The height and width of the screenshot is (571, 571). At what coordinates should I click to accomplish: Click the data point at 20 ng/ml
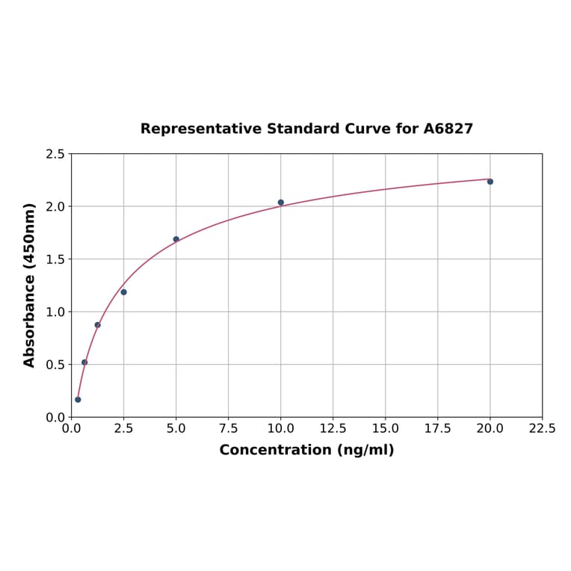tap(490, 182)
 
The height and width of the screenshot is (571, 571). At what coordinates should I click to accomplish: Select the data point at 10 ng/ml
tap(281, 203)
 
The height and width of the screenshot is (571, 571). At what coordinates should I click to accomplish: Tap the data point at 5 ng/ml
tap(176, 239)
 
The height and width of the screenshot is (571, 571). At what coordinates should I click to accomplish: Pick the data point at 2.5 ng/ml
tap(124, 292)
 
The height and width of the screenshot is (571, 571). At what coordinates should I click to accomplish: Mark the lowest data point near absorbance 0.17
tap(78, 400)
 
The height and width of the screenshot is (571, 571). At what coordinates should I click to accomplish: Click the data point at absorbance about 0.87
tap(98, 325)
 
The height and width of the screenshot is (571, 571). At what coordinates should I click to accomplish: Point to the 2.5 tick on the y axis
tap(55, 154)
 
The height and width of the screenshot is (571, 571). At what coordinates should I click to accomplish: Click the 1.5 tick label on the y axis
tap(55, 259)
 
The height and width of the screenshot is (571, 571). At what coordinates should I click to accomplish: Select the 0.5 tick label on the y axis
tap(55, 365)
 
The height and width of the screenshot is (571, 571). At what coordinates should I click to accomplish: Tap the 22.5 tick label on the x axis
tap(542, 429)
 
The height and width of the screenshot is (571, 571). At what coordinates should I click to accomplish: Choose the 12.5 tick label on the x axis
tap(333, 429)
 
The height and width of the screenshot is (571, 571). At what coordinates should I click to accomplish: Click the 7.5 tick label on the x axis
tap(229, 429)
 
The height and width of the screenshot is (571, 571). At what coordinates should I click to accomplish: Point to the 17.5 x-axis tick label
tap(437, 429)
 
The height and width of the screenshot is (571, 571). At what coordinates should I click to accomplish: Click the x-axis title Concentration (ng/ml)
tap(306, 450)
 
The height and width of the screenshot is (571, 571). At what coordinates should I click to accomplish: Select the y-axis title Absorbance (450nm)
tap(30, 285)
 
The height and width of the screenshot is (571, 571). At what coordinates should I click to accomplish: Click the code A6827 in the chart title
tap(448, 129)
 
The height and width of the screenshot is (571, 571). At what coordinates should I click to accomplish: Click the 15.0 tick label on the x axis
tap(385, 429)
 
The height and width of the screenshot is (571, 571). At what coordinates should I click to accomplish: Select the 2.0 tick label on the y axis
tap(55, 206)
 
